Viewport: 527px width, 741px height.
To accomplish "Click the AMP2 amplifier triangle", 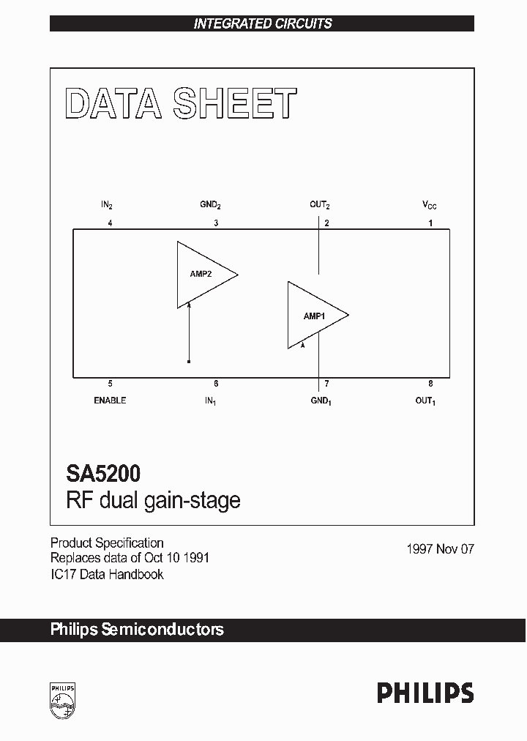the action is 201,275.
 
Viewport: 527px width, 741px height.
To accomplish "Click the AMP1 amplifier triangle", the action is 313,316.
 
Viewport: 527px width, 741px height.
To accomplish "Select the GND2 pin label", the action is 211,206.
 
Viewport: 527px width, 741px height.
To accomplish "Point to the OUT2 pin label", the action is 319,206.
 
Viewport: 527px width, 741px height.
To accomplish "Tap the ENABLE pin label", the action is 110,401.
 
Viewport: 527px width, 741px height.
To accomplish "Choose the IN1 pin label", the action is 211,401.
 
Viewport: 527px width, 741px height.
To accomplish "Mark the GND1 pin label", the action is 321,401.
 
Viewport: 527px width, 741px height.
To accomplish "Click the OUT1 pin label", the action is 425,401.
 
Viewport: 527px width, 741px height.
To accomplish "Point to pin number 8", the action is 430,384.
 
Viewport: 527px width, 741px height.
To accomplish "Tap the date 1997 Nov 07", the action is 440,548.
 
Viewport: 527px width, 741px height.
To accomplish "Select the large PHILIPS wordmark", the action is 425,693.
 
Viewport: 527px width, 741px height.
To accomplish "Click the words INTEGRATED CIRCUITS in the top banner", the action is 263,23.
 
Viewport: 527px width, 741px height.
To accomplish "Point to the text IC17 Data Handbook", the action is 107,574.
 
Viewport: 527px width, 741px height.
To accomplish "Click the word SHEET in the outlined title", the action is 235,105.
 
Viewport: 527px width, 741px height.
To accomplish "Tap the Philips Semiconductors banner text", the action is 137,630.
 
